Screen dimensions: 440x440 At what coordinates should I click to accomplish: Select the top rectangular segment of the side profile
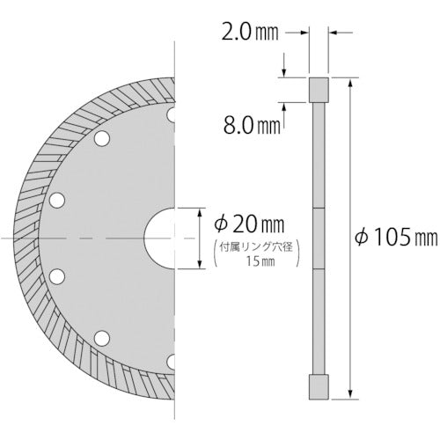[x=319, y=91]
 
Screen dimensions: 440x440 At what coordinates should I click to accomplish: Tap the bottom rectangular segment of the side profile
[x=319, y=386]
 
